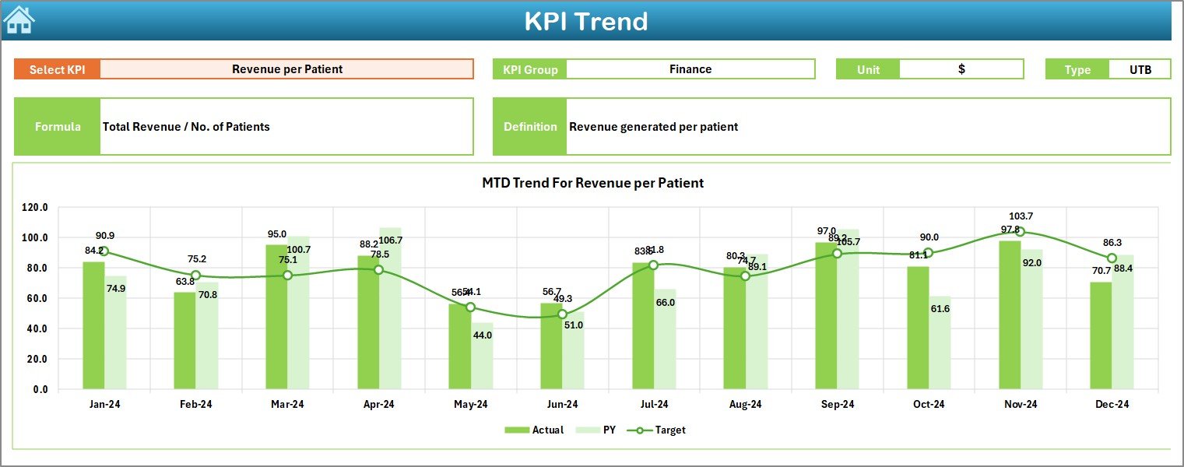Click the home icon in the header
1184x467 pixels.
19,20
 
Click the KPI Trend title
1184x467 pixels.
585,21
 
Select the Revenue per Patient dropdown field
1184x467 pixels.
286,69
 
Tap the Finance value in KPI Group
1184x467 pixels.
690,69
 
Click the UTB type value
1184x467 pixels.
1140,69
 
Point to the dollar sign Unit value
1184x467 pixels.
961,69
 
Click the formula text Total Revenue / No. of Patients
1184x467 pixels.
186,126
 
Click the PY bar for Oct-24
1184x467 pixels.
940,342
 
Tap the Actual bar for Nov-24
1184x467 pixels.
1010,314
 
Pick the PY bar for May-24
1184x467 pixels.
482,356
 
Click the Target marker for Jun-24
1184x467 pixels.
562,314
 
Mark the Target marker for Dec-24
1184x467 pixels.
1112,258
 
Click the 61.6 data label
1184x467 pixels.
940,309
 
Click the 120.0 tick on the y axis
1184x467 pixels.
34,208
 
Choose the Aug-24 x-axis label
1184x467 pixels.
745,405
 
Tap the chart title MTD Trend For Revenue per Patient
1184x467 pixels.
592,184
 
